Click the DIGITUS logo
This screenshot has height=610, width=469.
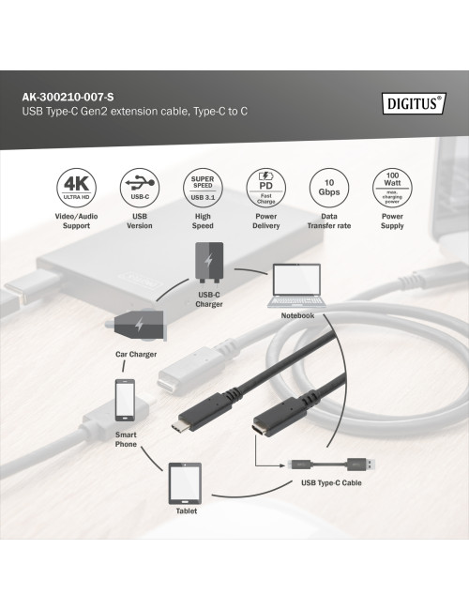pos(412,102)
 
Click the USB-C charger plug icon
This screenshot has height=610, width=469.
pos(209,263)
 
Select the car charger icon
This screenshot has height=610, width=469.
pos(136,327)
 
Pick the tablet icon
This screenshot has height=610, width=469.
pos(186,484)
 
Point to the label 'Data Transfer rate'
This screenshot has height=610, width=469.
pos(329,221)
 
